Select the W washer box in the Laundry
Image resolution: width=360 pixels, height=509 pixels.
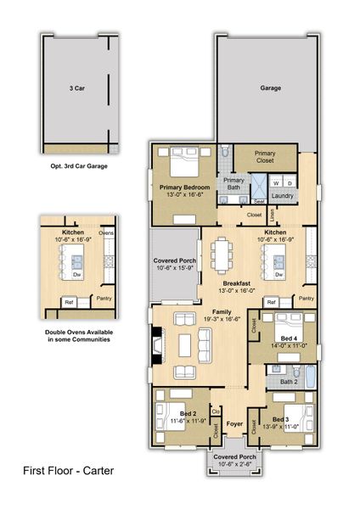[x=276, y=182]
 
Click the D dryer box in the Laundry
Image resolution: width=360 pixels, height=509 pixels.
[x=289, y=182]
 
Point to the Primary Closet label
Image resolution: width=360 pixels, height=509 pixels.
[x=265, y=156]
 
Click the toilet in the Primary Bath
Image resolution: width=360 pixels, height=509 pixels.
[x=224, y=152]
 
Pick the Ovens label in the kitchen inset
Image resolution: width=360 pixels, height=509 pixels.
[x=107, y=232]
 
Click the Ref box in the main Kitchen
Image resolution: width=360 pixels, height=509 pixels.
[x=271, y=302]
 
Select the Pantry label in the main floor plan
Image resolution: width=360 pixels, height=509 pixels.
[x=307, y=299]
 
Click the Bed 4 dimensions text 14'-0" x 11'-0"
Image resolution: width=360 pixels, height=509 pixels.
[x=289, y=345]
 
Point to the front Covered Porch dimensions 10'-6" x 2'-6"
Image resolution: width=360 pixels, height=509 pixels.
[x=234, y=463]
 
